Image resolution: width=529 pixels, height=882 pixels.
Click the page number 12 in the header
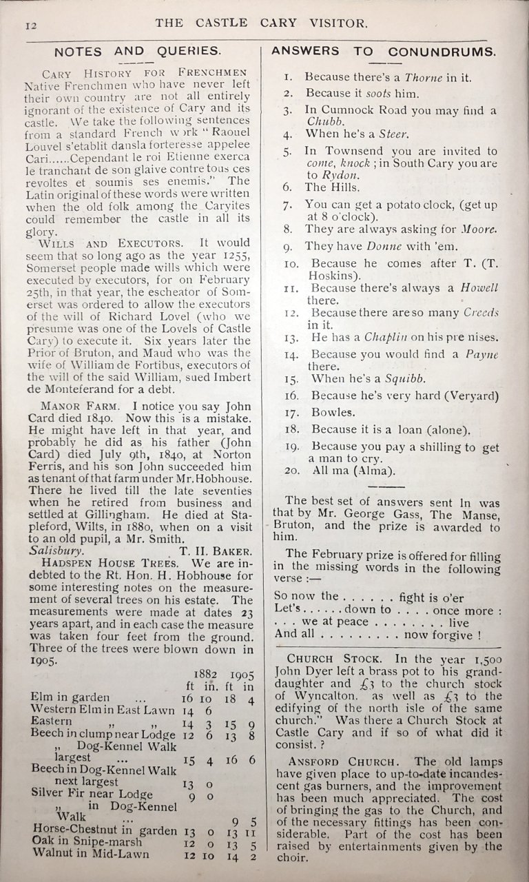pyautogui.click(x=29, y=26)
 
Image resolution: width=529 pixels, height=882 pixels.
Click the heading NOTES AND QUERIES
pyautogui.click(x=138, y=51)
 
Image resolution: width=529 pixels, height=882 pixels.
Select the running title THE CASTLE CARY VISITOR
pyautogui.click(x=262, y=23)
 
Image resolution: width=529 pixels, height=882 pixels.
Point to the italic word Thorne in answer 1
pyautogui.click(x=423, y=77)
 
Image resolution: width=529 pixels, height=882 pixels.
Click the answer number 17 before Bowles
pyautogui.click(x=291, y=413)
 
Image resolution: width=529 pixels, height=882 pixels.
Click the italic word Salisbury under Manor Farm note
pyautogui.click(x=57, y=551)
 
